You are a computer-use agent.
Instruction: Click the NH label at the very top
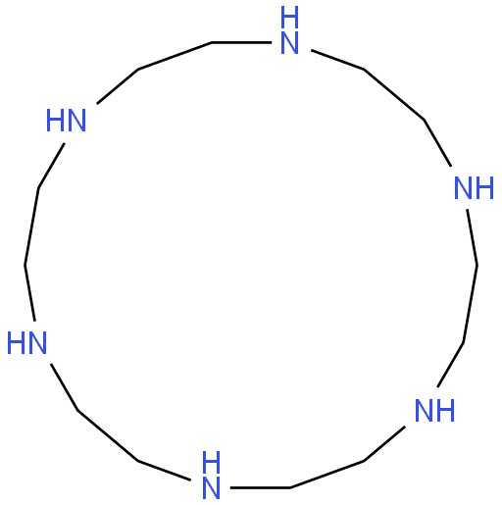click(289, 30)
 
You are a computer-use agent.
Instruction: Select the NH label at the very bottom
click(211, 475)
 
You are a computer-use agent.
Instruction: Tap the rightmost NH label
click(474, 188)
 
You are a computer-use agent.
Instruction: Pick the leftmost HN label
click(26, 343)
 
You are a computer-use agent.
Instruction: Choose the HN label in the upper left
click(66, 121)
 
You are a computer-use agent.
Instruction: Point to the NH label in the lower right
click(434, 411)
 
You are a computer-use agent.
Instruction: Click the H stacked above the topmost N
click(289, 17)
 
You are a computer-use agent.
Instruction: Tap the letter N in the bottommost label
click(211, 488)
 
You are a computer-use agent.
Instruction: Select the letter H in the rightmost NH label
click(484, 188)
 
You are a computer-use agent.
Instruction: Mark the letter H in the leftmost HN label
click(16, 343)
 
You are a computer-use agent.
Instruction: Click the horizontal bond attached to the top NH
click(242, 42)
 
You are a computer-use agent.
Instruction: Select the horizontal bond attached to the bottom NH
click(261, 487)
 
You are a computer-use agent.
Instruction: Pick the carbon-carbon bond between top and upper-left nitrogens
click(176, 56)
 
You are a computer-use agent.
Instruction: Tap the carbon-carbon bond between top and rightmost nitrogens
click(394, 94)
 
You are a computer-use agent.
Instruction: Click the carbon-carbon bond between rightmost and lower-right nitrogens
click(471, 304)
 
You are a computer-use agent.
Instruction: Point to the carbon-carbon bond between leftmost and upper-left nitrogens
click(31, 227)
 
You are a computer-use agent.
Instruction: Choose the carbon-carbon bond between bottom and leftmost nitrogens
click(108, 435)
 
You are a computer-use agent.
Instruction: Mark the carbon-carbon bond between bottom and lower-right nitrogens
click(327, 475)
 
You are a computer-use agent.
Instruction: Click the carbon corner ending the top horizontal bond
click(212, 42)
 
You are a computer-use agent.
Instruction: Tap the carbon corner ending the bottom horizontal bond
click(290, 487)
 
